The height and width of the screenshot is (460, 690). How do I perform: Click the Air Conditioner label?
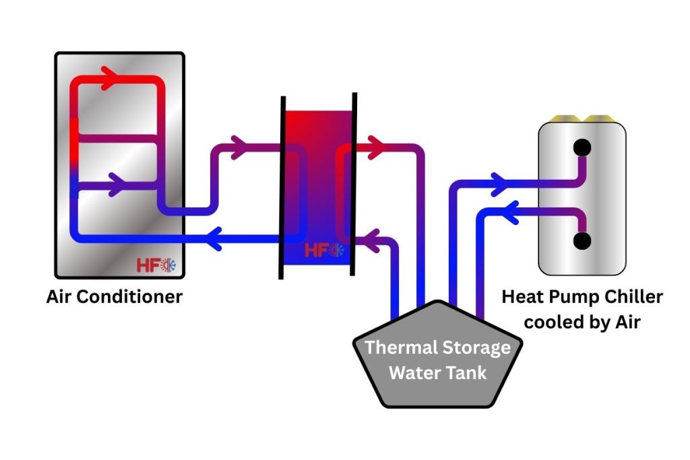pyautogui.click(x=115, y=296)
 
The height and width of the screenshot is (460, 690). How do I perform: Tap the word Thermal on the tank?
pyautogui.click(x=402, y=349)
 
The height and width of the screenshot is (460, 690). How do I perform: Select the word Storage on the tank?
pyautogui.click(x=476, y=349)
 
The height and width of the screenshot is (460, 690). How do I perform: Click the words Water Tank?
pyautogui.click(x=439, y=372)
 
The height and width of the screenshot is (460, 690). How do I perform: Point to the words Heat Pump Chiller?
pyautogui.click(x=583, y=297)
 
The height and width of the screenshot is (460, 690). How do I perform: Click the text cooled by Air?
pyautogui.click(x=582, y=322)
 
